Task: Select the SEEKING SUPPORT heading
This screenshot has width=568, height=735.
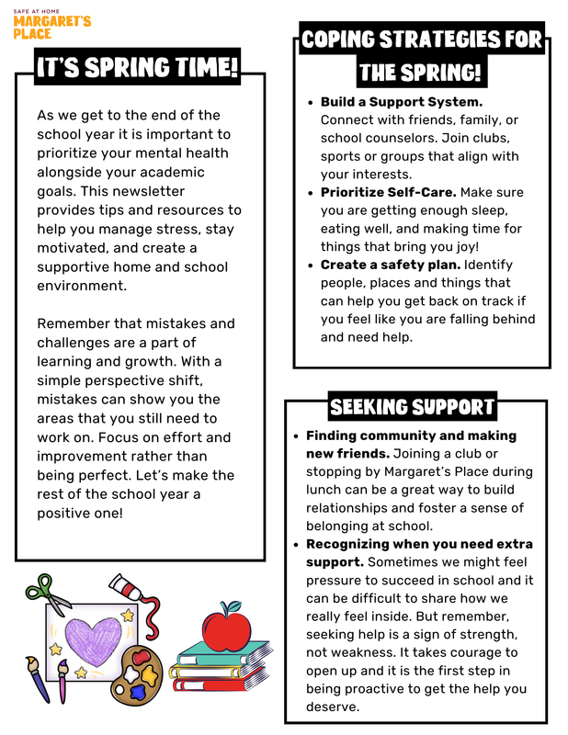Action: pyautogui.click(x=412, y=407)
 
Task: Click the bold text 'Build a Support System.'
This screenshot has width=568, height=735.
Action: pyautogui.click(x=402, y=102)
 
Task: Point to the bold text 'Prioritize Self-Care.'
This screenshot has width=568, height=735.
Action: pyautogui.click(x=389, y=192)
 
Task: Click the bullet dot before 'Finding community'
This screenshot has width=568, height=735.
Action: pyautogui.click(x=294, y=436)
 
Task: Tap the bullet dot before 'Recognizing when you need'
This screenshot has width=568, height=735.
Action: pyautogui.click(x=294, y=545)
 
